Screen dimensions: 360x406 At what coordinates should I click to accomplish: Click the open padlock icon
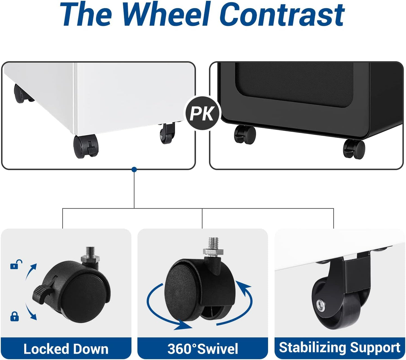pyautogui.click(x=16, y=265)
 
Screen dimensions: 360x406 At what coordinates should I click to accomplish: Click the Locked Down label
pyautogui.click(x=66, y=349)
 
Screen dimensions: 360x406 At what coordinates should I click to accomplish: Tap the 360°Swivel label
pyautogui.click(x=203, y=349)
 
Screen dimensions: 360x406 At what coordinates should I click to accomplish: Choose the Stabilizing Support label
pyautogui.click(x=339, y=348)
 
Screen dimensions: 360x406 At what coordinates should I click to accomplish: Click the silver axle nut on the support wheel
pyautogui.click(x=320, y=304)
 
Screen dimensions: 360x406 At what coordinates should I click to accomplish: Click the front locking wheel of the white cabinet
pyautogui.click(x=86, y=146)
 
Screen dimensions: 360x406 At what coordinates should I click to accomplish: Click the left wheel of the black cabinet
pyautogui.click(x=245, y=134)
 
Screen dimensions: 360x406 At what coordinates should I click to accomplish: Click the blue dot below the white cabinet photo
pyautogui.click(x=134, y=169)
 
